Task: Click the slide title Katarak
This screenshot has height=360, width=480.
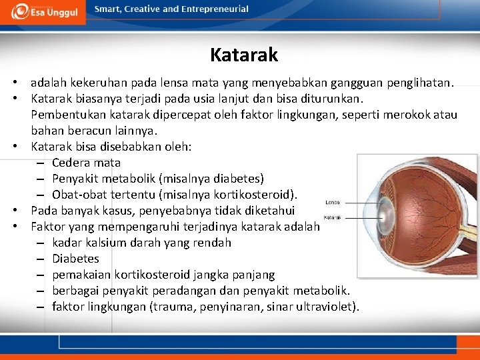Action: (243, 55)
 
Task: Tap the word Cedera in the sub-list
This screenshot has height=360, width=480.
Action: (70, 163)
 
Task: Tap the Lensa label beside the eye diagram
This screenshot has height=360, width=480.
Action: (333, 202)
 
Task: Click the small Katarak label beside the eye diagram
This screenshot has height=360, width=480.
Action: (333, 217)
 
